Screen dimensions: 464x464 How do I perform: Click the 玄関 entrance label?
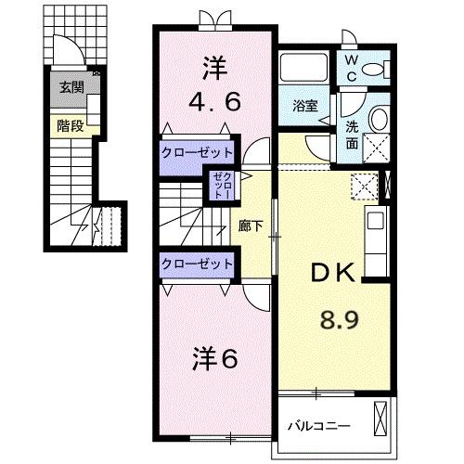click(71, 88)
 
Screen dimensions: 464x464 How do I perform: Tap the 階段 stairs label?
click(71, 125)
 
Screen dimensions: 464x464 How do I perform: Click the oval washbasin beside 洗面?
click(377, 118)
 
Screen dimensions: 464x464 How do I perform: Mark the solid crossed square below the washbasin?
click(377, 147)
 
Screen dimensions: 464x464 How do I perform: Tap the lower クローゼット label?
click(198, 264)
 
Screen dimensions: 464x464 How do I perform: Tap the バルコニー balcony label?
click(317, 428)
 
